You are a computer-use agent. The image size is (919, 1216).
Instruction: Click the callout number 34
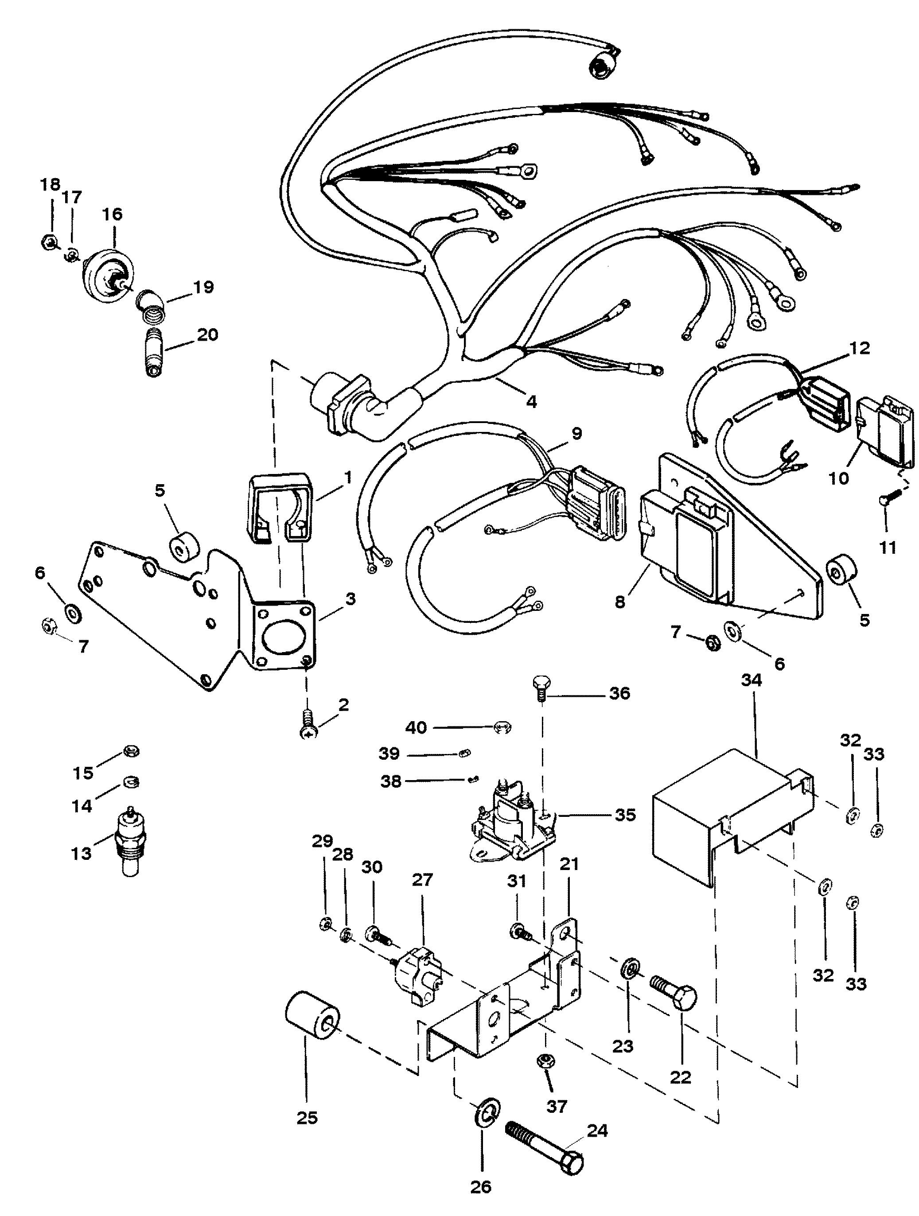tap(751, 680)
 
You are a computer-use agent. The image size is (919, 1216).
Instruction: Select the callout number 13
tap(82, 854)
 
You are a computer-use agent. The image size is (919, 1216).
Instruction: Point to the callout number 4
tap(531, 402)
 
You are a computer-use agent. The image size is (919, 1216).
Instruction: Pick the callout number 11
tap(888, 547)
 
